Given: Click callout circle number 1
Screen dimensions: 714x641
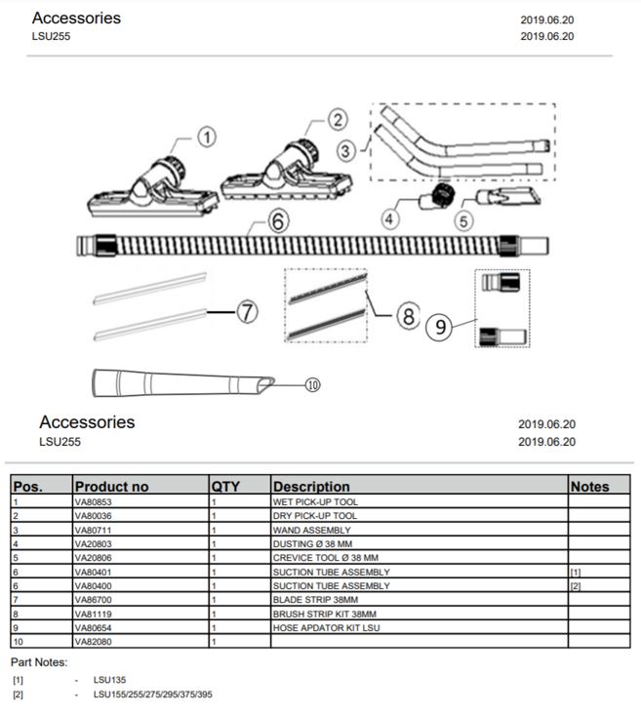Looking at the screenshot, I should click(207, 139).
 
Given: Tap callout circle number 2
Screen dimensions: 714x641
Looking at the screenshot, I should click(338, 120).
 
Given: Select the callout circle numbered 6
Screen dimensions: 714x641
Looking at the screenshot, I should click(278, 221).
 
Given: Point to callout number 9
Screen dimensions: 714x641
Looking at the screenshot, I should click(441, 327).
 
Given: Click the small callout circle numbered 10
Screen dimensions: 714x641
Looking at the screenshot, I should click(313, 384).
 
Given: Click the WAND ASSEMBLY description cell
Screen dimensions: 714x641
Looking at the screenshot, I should click(311, 530).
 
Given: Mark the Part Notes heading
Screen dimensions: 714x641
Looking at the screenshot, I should click(39, 663).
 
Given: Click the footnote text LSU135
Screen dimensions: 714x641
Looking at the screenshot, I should click(109, 680).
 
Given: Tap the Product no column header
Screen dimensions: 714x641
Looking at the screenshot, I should click(112, 486).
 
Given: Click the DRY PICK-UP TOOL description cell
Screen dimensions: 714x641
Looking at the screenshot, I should click(315, 515).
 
